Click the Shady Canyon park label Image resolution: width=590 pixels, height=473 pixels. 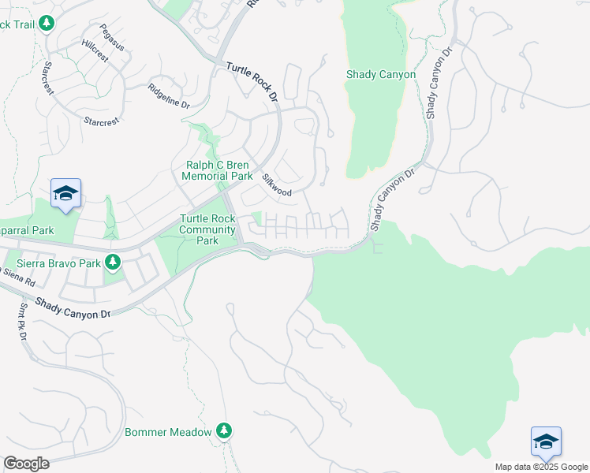tap(381, 75)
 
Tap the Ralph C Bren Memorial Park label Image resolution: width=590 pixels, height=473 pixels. tap(217, 170)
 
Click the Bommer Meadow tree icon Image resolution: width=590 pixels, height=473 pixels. tap(224, 431)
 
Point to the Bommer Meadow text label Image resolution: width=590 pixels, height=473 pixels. tap(168, 433)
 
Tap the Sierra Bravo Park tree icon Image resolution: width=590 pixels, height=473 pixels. tap(114, 262)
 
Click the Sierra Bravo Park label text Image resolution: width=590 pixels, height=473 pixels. tap(58, 263)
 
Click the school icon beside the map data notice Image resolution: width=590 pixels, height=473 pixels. tap(546, 441)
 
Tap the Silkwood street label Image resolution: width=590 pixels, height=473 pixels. tap(277, 186)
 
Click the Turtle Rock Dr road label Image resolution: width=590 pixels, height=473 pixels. tap(253, 83)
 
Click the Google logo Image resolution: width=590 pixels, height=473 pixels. tap(26, 464)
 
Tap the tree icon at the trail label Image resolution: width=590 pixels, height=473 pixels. tap(47, 24)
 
